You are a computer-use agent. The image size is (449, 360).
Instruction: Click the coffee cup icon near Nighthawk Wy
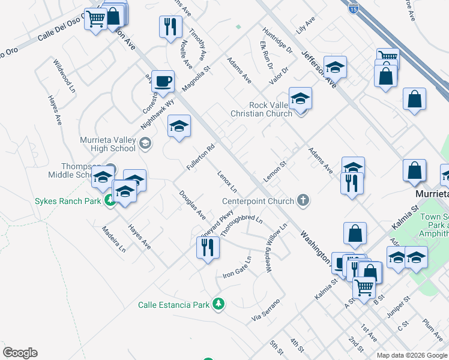pyautogui.click(x=162, y=81)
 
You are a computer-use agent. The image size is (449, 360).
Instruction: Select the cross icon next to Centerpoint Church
pyautogui.click(x=304, y=201)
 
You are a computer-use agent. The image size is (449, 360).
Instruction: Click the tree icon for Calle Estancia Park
pyautogui.click(x=219, y=305)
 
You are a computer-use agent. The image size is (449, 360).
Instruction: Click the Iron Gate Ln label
pyautogui.click(x=237, y=268)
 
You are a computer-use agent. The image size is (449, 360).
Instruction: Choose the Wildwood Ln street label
pyautogui.click(x=64, y=75)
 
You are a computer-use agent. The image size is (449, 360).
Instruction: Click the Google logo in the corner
pyautogui.click(x=20, y=353)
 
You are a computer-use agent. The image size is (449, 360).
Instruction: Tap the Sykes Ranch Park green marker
pyautogui.click(x=109, y=201)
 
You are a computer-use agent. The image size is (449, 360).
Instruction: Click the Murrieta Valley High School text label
pyautogui.click(x=108, y=144)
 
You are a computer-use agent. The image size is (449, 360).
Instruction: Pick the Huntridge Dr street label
pyautogui.click(x=277, y=40)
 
